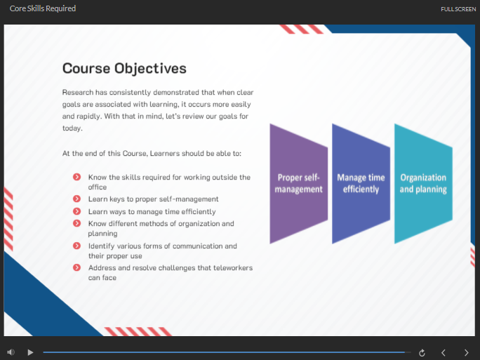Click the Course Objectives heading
[x=124, y=69]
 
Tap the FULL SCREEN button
[x=458, y=9]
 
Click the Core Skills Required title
[x=43, y=8]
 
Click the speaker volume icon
[x=11, y=352]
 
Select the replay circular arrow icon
[x=422, y=353]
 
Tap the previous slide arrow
[x=443, y=353]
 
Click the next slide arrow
[x=466, y=353]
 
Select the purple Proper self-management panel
[x=298, y=184]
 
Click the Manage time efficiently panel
[x=361, y=184]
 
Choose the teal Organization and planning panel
[x=423, y=184]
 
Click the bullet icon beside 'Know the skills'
[x=76, y=177]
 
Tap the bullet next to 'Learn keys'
[x=76, y=199]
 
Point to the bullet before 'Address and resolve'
[x=76, y=267]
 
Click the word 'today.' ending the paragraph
[x=72, y=128]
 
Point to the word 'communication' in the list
[x=196, y=246]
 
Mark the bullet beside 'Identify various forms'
[x=76, y=246]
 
